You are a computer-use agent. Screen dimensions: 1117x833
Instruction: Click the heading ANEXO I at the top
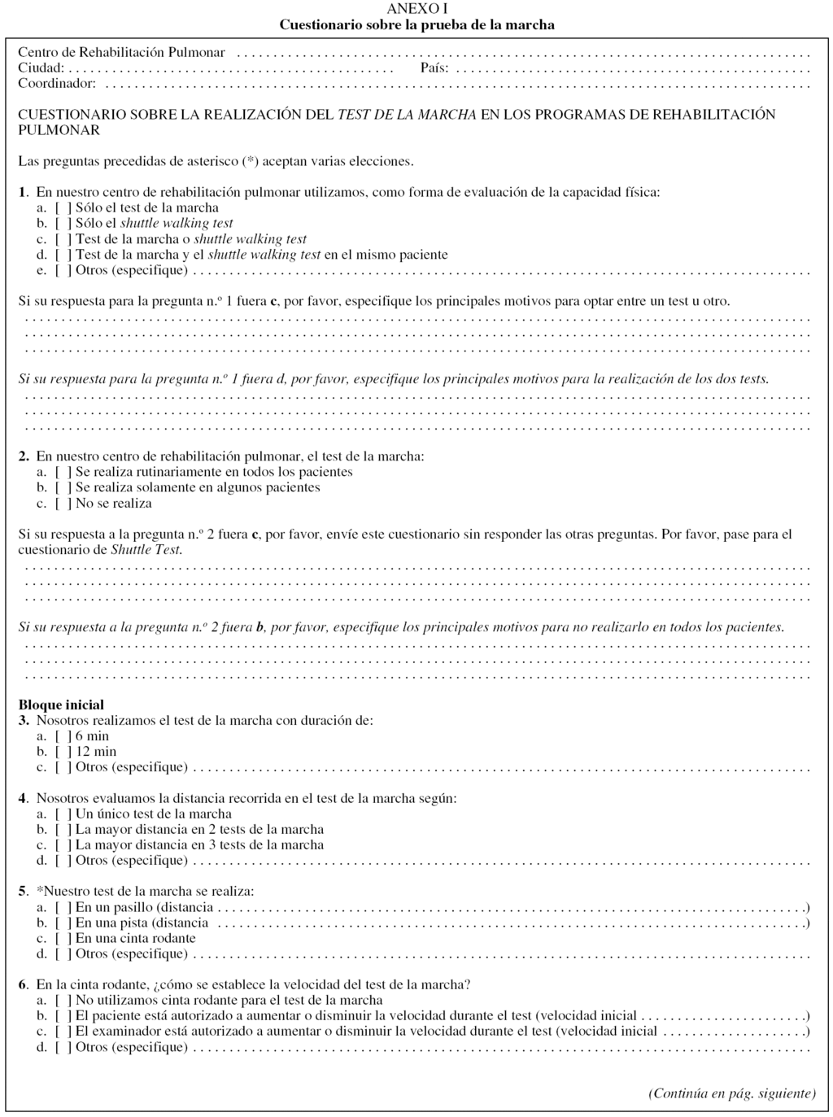click(416, 9)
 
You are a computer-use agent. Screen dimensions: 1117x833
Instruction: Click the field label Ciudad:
click(41, 68)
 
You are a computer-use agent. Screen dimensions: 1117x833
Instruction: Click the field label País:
click(434, 68)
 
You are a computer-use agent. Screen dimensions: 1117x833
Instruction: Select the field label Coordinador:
click(57, 83)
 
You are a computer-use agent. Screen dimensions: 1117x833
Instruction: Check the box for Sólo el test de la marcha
click(63, 208)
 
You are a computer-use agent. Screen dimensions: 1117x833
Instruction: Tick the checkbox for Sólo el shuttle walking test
click(63, 224)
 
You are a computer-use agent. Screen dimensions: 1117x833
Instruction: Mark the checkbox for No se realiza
click(63, 504)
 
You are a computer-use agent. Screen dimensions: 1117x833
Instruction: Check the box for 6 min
click(63, 736)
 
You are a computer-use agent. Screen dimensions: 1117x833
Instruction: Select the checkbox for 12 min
click(63, 752)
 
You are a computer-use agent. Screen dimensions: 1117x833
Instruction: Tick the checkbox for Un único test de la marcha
click(63, 814)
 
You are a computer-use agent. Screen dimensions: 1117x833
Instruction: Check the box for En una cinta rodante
click(63, 939)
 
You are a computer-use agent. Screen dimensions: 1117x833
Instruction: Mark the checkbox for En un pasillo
click(63, 908)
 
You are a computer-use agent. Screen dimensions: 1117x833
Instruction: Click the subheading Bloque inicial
click(61, 705)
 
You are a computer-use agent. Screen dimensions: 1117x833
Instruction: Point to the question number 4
click(23, 799)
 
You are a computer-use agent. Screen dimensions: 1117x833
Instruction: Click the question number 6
click(23, 984)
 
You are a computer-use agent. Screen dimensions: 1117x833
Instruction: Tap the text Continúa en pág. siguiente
click(731, 1093)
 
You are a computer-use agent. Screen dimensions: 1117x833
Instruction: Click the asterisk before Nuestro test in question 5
click(40, 891)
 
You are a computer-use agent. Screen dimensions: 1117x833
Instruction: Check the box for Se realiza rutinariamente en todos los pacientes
click(63, 473)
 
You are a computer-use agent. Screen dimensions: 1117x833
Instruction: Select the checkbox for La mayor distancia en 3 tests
click(63, 845)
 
